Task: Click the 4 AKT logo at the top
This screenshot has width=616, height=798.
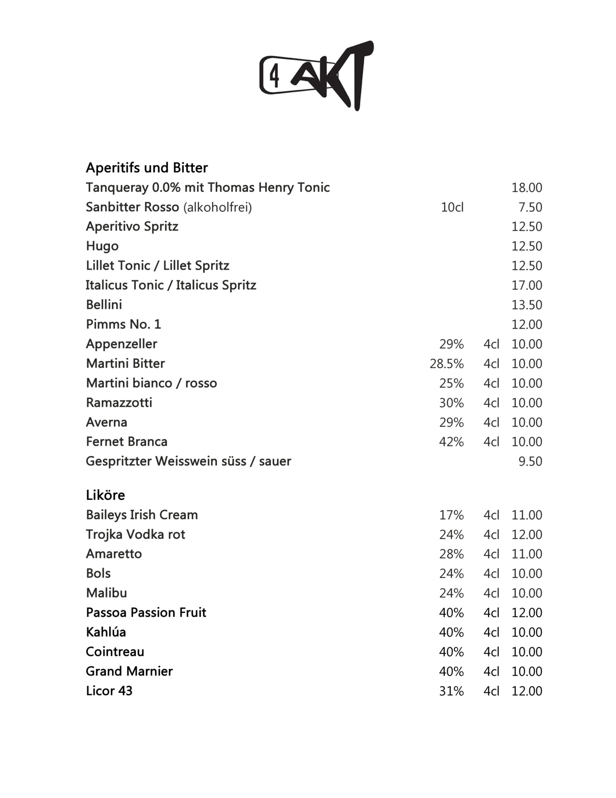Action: tap(316, 76)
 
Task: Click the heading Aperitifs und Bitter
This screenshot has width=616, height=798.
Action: tap(147, 168)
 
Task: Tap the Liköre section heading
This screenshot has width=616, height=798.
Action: tap(105, 495)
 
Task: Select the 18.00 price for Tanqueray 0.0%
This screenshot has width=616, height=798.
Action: tap(526, 187)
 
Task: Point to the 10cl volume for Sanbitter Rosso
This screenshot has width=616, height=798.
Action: tap(452, 207)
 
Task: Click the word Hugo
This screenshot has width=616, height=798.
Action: tap(102, 246)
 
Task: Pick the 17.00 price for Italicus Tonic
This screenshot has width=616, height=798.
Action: tap(526, 285)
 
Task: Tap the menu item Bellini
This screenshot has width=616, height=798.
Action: tap(104, 305)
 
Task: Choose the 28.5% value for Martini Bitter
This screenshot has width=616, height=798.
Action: tap(446, 364)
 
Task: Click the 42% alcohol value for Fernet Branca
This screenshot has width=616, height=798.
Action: tap(451, 442)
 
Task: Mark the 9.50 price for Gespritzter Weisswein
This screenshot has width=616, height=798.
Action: tap(530, 461)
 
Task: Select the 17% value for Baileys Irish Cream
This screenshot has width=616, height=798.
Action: tap(451, 515)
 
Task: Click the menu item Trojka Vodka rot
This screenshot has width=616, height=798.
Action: tap(135, 534)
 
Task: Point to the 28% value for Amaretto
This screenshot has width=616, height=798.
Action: tap(451, 554)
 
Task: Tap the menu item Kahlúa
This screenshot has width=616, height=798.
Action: tap(105, 632)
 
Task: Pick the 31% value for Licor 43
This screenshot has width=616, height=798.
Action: tap(451, 691)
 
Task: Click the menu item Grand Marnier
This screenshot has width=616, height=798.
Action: tap(129, 671)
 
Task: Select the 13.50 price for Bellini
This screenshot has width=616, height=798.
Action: tap(526, 305)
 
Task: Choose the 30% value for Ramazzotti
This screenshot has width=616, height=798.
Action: tap(451, 403)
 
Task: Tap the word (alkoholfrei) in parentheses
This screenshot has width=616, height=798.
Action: tap(217, 207)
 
